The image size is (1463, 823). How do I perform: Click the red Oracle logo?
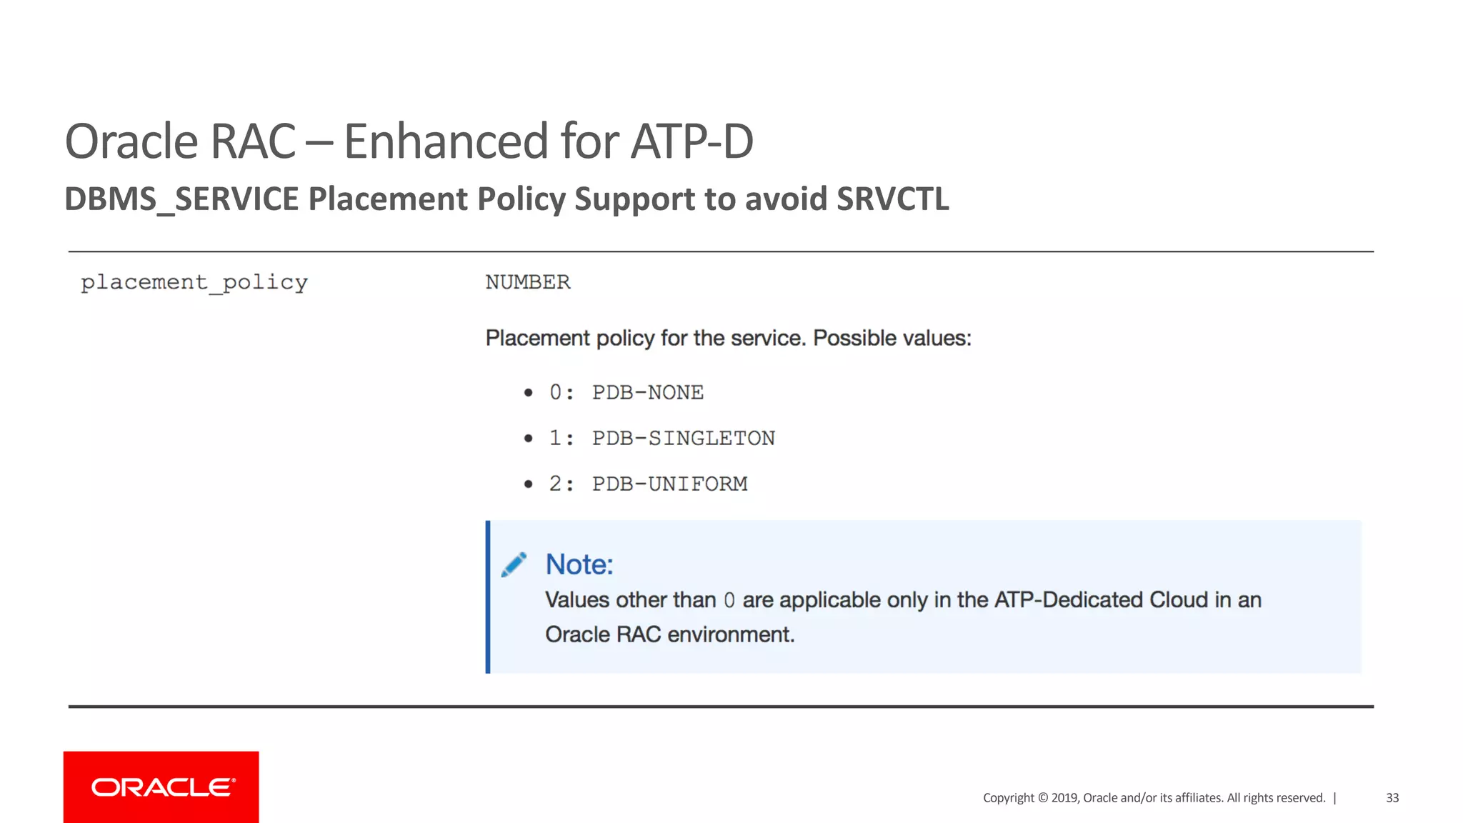tap(161, 787)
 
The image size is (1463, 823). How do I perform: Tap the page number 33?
tap(1392, 798)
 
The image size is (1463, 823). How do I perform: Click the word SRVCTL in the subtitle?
tap(892, 199)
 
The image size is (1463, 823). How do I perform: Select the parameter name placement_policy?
tap(194, 283)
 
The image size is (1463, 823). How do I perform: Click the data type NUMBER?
tap(528, 282)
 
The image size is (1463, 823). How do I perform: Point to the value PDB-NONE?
tap(647, 392)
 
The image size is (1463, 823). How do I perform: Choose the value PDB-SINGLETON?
tap(683, 438)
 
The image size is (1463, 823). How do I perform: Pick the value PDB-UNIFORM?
tap(669, 484)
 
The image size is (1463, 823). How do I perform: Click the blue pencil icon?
tap(514, 564)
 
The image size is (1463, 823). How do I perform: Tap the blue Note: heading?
tap(579, 564)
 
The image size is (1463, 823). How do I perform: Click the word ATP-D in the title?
tap(691, 141)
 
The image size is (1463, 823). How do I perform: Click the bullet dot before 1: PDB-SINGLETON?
tap(528, 438)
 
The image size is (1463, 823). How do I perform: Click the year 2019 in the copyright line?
tap(1064, 798)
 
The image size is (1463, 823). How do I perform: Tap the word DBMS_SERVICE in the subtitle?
tap(181, 199)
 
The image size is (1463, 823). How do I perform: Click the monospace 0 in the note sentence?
tap(729, 600)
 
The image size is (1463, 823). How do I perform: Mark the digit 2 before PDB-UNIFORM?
tap(555, 484)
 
